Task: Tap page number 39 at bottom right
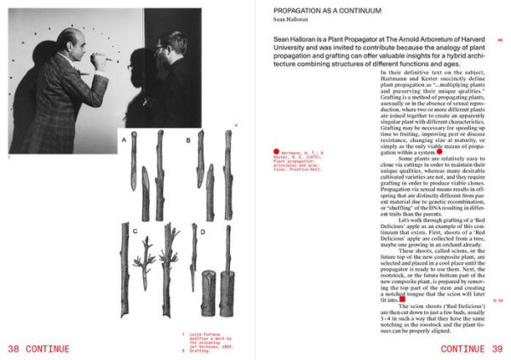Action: [x=497, y=349]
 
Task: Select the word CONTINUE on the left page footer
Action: [x=54, y=349]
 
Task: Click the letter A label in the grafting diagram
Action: [x=123, y=138]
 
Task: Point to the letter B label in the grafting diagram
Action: [x=188, y=138]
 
